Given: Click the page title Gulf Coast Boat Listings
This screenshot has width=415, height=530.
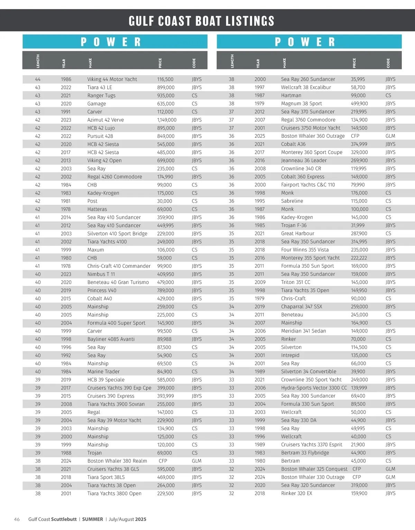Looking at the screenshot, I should (x=201, y=21).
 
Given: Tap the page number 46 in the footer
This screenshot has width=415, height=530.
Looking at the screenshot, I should (x=17, y=519).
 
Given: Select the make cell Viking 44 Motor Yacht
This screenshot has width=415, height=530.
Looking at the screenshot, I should (x=112, y=79).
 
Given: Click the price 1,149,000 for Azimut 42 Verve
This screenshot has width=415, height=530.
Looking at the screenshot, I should (x=167, y=120).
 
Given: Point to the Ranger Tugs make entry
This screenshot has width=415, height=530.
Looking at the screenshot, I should (x=101, y=95).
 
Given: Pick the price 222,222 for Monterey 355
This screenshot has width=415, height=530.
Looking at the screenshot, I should (x=359, y=258).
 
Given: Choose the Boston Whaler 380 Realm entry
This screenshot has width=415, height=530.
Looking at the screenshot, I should (x=117, y=461).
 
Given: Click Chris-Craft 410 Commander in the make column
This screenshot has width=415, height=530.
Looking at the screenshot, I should (x=119, y=266).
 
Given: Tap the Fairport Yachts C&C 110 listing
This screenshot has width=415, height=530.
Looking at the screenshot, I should (x=308, y=185).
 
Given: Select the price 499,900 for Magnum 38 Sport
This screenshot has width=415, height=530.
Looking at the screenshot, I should (x=359, y=104).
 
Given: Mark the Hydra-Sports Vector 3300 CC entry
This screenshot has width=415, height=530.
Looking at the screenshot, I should (x=314, y=388).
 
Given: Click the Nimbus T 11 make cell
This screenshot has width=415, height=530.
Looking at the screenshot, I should (x=101, y=274).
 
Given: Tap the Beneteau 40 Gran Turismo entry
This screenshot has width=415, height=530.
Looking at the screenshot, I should (x=118, y=282).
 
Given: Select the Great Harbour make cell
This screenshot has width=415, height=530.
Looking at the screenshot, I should (x=297, y=233).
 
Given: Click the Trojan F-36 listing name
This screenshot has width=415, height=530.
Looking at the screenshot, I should (x=294, y=225).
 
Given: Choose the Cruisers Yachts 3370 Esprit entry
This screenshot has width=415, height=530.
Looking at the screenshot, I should (x=312, y=445).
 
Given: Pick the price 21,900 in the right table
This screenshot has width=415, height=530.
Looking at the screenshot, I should (x=358, y=445).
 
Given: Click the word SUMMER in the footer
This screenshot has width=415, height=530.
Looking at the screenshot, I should (x=92, y=519).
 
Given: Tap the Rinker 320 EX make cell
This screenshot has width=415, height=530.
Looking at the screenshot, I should (x=296, y=493).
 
